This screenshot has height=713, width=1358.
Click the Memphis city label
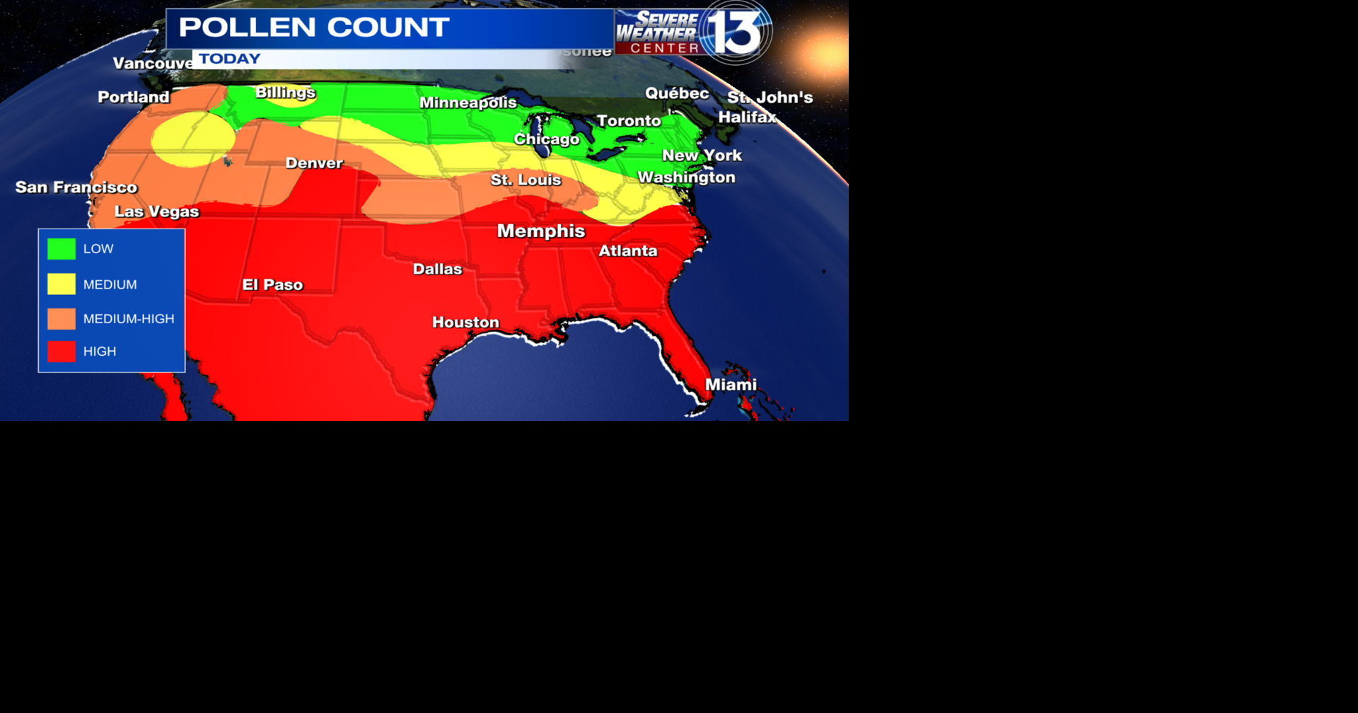541,231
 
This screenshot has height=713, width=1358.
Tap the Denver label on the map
314,163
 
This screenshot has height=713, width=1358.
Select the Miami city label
731,385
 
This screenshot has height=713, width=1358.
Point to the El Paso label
272,285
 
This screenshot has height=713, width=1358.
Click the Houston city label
465,323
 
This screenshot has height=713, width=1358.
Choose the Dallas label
437,269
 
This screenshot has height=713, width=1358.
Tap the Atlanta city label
628,251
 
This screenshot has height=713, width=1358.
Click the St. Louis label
526,180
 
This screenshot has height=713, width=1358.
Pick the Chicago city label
546,139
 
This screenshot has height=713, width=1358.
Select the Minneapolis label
468,103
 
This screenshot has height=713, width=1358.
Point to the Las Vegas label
156,211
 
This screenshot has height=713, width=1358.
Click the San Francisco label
76,187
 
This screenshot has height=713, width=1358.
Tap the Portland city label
134,98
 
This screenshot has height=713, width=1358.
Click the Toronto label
629,121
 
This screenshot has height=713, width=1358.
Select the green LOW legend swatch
62,249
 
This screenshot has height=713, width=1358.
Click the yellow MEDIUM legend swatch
62,284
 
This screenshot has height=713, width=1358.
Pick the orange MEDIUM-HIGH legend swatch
62,319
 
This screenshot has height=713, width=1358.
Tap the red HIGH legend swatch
62,352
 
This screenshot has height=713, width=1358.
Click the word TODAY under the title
230,59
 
